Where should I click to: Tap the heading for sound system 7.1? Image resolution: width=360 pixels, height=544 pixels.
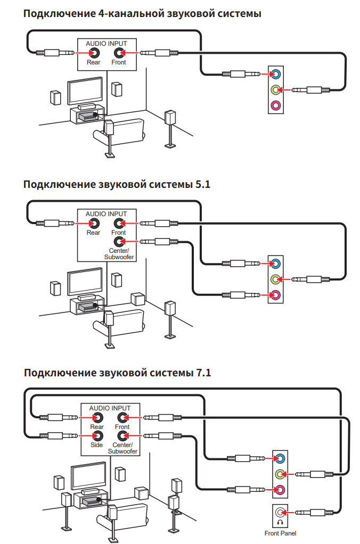pos(118,373)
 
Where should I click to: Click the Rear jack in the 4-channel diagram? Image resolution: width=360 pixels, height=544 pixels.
pos(94,53)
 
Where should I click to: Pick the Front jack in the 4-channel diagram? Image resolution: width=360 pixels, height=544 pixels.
pos(119,53)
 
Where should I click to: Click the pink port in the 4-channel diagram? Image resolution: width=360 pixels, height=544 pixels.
pos(275,105)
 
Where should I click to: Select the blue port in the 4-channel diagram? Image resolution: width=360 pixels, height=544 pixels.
pos(275,73)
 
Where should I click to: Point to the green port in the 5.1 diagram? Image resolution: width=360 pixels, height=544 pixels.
pos(275,279)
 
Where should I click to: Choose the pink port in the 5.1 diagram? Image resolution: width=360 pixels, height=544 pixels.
pos(275,295)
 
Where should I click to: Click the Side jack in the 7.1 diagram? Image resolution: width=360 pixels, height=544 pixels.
pos(97,435)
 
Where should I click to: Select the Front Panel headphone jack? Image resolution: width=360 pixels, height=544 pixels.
pos(280,512)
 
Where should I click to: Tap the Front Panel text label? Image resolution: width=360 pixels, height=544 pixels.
pos(280,533)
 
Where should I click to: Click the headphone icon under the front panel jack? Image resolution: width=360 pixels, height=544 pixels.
pos(280,522)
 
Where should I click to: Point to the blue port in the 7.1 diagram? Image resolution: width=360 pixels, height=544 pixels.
pos(280,457)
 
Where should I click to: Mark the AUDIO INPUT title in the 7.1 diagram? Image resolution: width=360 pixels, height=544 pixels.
pos(110,408)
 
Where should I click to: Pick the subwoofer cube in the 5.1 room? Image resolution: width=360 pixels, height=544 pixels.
pos(137,299)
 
